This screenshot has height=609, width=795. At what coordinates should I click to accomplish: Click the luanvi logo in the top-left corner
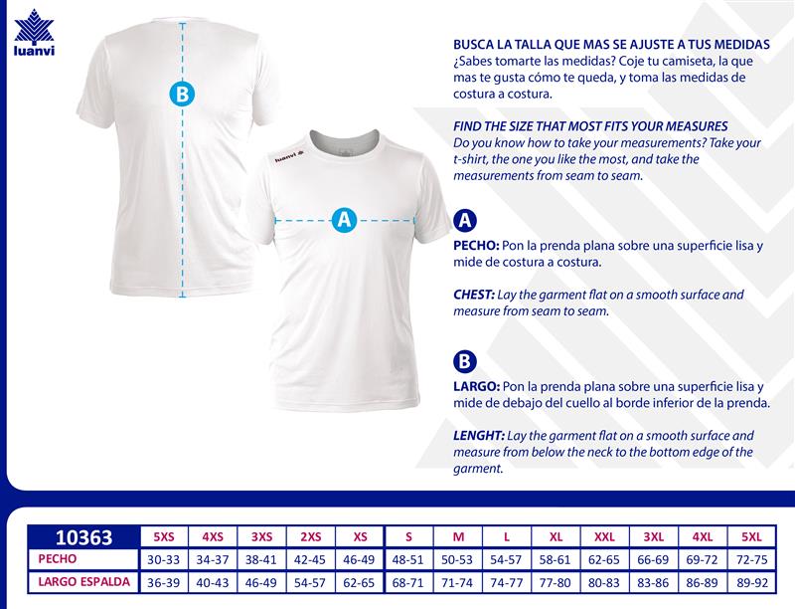click(x=34, y=38)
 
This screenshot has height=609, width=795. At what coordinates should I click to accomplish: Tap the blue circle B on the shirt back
click(x=182, y=95)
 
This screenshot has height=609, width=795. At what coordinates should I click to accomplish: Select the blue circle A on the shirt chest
click(x=344, y=220)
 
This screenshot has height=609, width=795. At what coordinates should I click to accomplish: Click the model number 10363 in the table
click(x=82, y=537)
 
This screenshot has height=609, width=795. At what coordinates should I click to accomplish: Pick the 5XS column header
click(x=164, y=537)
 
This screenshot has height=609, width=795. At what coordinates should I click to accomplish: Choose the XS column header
click(x=360, y=537)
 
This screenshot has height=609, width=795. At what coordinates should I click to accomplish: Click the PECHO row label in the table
click(x=58, y=559)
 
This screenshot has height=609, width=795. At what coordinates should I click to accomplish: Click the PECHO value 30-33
click(x=164, y=560)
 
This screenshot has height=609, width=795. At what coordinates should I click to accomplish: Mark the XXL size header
click(x=604, y=537)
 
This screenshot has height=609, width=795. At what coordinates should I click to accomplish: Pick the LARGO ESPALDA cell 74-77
click(x=507, y=583)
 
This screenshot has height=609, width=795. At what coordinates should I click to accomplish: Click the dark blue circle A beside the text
click(x=464, y=221)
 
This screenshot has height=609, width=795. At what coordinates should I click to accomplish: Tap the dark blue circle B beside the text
click(x=464, y=362)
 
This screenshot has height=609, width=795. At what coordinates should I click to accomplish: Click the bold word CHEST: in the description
click(x=475, y=296)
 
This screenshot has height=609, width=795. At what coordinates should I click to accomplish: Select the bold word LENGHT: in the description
click(x=478, y=436)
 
